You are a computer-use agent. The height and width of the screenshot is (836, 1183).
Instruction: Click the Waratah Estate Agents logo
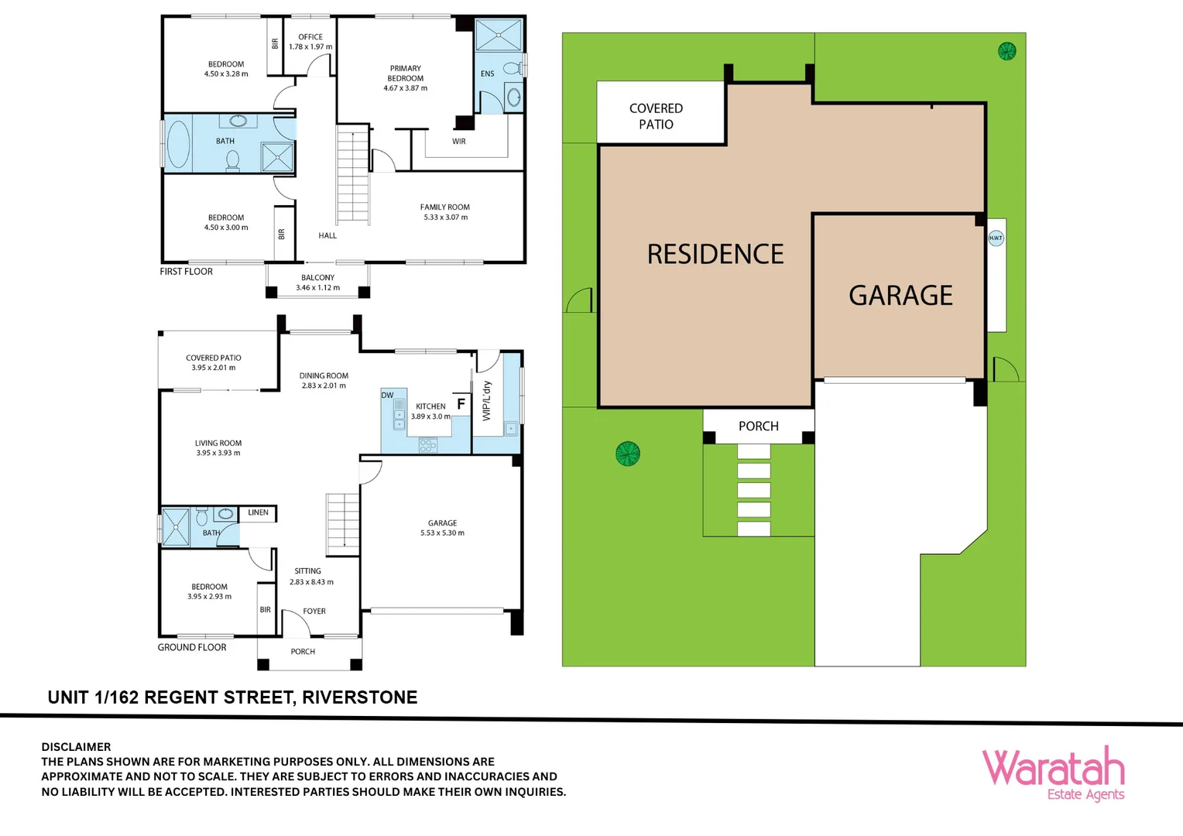tap(1053, 773)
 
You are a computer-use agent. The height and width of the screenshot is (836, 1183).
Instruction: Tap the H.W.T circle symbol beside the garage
tap(996, 238)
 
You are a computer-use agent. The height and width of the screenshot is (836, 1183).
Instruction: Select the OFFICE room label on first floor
tap(310, 37)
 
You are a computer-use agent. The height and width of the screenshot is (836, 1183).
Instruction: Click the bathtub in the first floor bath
tap(178, 143)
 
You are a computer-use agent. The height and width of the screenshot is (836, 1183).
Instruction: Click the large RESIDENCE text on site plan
tap(715, 255)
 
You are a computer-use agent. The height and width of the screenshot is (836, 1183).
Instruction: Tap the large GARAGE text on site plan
tap(900, 296)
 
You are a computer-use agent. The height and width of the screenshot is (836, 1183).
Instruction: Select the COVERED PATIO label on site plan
tap(656, 116)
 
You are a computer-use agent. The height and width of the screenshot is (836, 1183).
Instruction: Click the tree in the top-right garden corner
tap(1006, 52)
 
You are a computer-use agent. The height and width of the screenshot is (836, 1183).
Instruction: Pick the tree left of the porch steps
tap(627, 453)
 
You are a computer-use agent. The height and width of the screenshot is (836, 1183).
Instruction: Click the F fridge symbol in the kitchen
tap(461, 404)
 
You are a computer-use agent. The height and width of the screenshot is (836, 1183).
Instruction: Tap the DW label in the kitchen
tap(387, 396)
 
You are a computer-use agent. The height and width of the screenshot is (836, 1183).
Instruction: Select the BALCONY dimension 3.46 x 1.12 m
tap(317, 288)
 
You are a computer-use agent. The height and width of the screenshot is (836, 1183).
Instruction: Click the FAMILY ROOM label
tap(444, 207)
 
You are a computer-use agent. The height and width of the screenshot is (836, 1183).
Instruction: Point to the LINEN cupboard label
tap(258, 512)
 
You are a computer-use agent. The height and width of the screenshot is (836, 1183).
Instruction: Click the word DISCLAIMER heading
tap(76, 747)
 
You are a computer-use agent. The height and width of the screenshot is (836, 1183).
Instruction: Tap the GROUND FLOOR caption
tap(192, 647)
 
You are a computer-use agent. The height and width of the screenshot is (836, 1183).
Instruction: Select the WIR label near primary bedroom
tap(458, 142)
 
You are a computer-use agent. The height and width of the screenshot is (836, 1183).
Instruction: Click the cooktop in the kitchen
tap(427, 445)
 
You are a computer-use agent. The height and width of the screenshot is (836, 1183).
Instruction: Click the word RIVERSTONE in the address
tap(359, 697)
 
